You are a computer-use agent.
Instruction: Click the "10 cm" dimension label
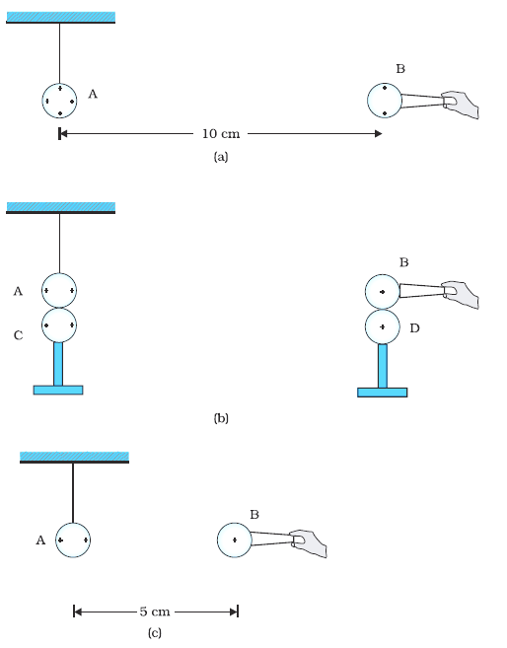[x=221, y=133]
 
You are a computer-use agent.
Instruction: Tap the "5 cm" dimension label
[x=155, y=612]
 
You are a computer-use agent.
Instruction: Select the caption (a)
[x=221, y=157]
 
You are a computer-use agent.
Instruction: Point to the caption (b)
[x=221, y=418]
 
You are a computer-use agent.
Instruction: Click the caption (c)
[x=155, y=632]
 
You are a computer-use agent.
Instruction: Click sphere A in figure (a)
[x=59, y=101]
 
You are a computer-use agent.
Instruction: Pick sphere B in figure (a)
[x=385, y=101]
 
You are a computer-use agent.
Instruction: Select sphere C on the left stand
[x=59, y=325]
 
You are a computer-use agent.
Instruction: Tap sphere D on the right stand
[x=383, y=326]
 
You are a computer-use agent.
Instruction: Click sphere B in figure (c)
[x=235, y=540]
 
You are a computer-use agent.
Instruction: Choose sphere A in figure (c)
[x=73, y=540]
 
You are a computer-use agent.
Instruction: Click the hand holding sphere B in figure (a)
[x=461, y=104]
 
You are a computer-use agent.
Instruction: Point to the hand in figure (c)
[x=309, y=543]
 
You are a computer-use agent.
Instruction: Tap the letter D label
[x=415, y=328]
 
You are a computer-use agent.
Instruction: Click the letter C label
[x=18, y=335]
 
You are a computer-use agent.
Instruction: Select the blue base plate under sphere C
[x=58, y=391]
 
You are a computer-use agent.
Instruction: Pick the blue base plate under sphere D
[x=382, y=393]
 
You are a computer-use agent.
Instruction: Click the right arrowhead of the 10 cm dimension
[x=378, y=133]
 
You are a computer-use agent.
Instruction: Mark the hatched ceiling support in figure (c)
[x=74, y=458]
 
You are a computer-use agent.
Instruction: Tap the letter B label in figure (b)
[x=404, y=262]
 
